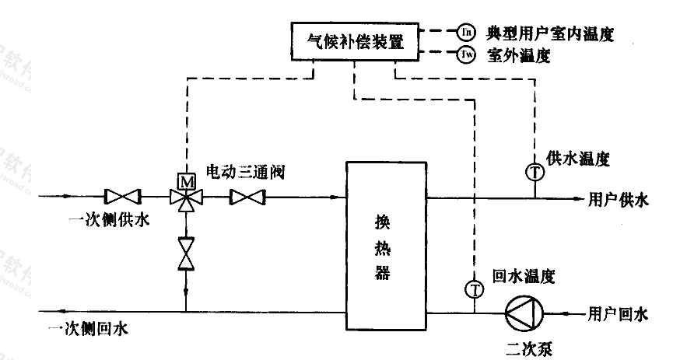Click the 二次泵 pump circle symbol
521,313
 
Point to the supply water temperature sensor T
535,173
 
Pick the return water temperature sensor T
473,288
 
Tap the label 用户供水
619,200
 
